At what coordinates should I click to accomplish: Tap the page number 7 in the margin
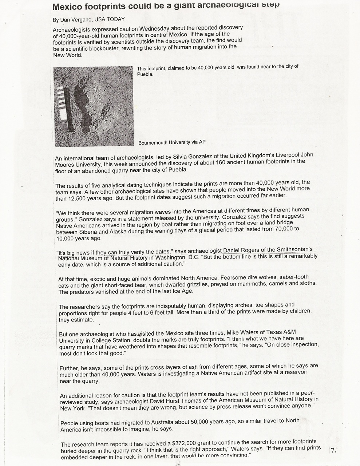pyautogui.click(x=333, y=450)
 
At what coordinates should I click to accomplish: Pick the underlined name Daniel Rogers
pyautogui.click(x=240, y=250)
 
